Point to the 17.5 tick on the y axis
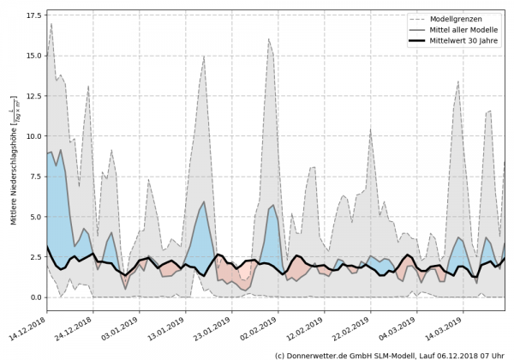point(35,15)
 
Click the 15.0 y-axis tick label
point(35,56)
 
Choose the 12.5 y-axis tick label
point(35,96)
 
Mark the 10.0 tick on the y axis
point(35,136)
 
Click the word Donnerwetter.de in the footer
point(319,354)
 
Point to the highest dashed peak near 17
point(51,24)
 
